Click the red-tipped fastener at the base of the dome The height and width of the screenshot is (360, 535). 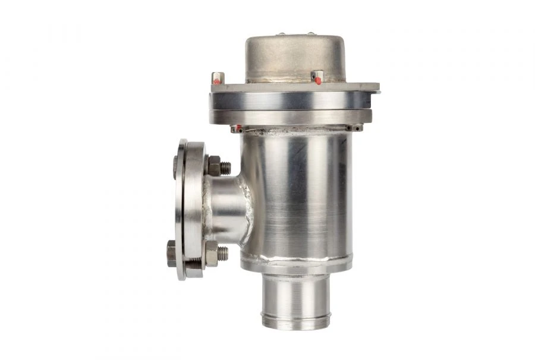pyautogui.click(x=318, y=77)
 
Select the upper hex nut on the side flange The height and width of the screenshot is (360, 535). pyautogui.click(x=213, y=166)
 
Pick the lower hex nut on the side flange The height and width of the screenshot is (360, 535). pyautogui.click(x=211, y=254)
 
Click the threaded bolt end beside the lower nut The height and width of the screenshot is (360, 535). pyautogui.click(x=223, y=254)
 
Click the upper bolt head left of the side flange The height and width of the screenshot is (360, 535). pyautogui.click(x=175, y=166)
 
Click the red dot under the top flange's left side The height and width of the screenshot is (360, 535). pyautogui.click(x=238, y=128)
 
